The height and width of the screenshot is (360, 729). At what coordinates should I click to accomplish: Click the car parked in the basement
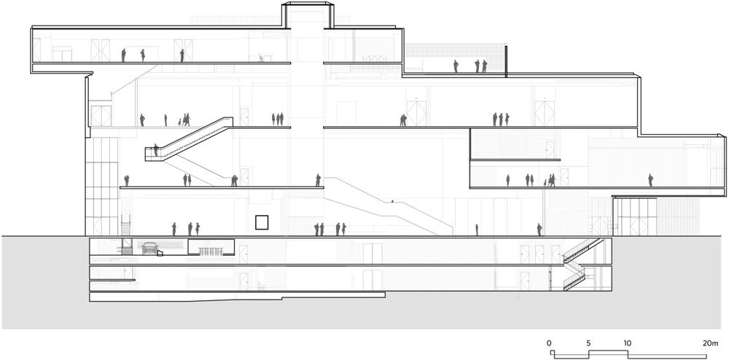pyautogui.click(x=149, y=248)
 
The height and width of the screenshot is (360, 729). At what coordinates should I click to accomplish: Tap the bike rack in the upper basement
pyautogui.click(x=211, y=251)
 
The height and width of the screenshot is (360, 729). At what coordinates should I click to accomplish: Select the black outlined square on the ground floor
pyautogui.click(x=262, y=222)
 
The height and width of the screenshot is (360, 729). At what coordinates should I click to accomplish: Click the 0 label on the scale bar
pyautogui.click(x=549, y=343)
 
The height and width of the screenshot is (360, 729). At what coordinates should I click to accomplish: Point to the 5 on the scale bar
pyautogui.click(x=588, y=343)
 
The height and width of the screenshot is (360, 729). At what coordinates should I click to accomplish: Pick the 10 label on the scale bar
pyautogui.click(x=627, y=343)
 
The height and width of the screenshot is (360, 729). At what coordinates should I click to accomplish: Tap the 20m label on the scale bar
pyautogui.click(x=709, y=343)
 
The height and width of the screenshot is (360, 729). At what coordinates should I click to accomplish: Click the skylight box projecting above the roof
pyautogui.click(x=308, y=15)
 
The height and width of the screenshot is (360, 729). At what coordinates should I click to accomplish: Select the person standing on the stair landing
pyautogui.click(x=156, y=149)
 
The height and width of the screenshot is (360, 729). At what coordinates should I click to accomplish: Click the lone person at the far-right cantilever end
pyautogui.click(x=650, y=180)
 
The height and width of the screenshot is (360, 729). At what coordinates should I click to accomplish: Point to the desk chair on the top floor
pyautogui.click(x=262, y=58)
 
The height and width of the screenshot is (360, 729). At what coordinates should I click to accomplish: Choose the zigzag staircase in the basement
pyautogui.click(x=580, y=265)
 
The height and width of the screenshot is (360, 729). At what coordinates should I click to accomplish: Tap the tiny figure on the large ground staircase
pyautogui.click(x=392, y=202)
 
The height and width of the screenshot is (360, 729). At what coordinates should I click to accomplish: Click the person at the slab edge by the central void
pyautogui.click(x=318, y=180)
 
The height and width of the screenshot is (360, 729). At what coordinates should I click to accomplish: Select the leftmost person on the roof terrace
pyautogui.click(x=456, y=66)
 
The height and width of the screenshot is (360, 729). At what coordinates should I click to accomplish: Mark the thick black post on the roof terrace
pyautogui.click(x=505, y=60)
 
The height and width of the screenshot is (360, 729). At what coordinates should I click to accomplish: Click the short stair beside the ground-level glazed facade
pyautogui.click(x=126, y=225)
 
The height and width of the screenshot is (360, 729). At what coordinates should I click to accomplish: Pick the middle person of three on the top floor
pyautogui.click(x=143, y=55)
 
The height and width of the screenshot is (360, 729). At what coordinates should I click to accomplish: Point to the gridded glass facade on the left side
pyautogui.click(x=102, y=186)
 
